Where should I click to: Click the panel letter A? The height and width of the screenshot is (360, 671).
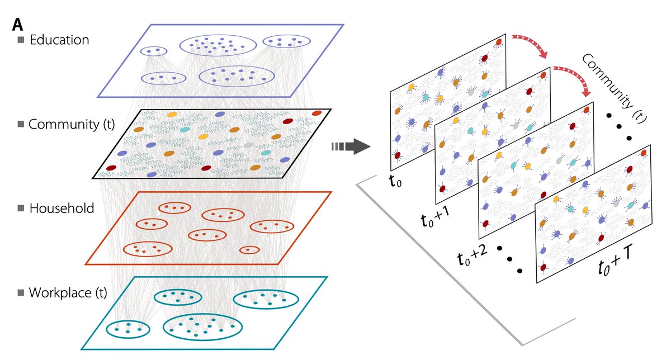pos(17,25)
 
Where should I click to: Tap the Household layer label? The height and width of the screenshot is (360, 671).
pos(62,209)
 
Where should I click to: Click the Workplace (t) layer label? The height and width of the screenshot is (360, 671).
pos(68,292)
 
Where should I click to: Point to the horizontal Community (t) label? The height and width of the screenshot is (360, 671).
pos(71,124)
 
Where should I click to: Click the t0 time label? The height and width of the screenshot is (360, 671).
pos(396,180)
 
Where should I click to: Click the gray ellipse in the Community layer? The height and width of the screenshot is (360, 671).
pos(249,145)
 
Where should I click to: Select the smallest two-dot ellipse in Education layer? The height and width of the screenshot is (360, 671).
pos(153,51)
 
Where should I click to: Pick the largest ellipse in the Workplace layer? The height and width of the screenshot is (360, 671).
pos(202,326)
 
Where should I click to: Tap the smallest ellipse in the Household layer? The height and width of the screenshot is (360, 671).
pos(249,249)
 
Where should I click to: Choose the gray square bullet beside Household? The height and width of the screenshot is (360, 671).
pos(22,209)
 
